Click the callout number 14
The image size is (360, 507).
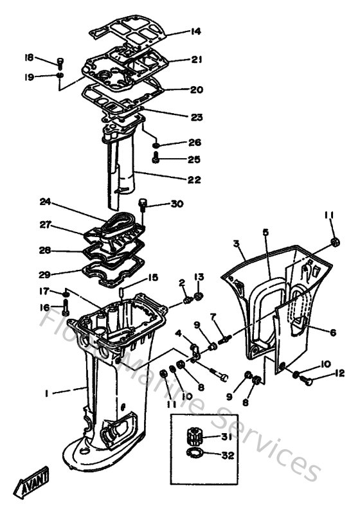click(195, 31)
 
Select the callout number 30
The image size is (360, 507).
click(177, 204)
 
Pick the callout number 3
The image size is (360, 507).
click(237, 244)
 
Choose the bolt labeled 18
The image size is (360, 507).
click(59, 62)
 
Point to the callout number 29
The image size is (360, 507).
click(44, 272)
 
